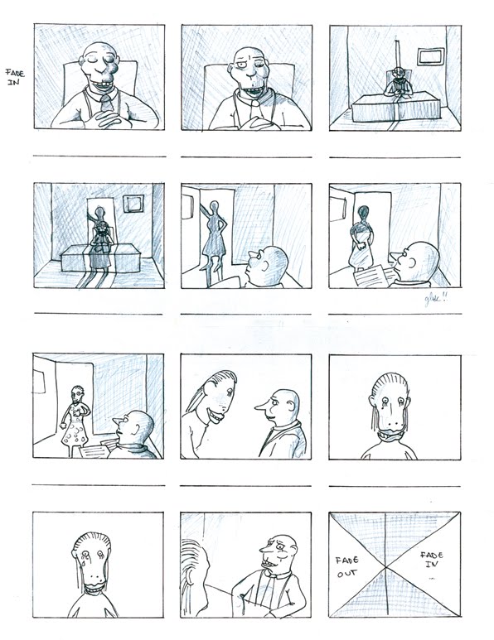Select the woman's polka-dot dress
click(x=76, y=431)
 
